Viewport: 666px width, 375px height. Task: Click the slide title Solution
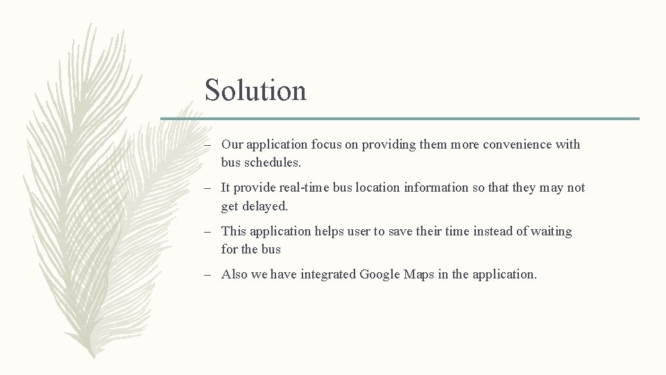click(255, 90)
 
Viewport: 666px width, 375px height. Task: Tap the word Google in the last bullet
click(380, 274)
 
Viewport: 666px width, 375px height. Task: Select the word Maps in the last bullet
click(419, 274)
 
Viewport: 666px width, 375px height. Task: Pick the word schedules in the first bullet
click(275, 162)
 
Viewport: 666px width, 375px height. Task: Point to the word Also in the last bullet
click(234, 274)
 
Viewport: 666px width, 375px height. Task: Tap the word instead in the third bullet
click(492, 231)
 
